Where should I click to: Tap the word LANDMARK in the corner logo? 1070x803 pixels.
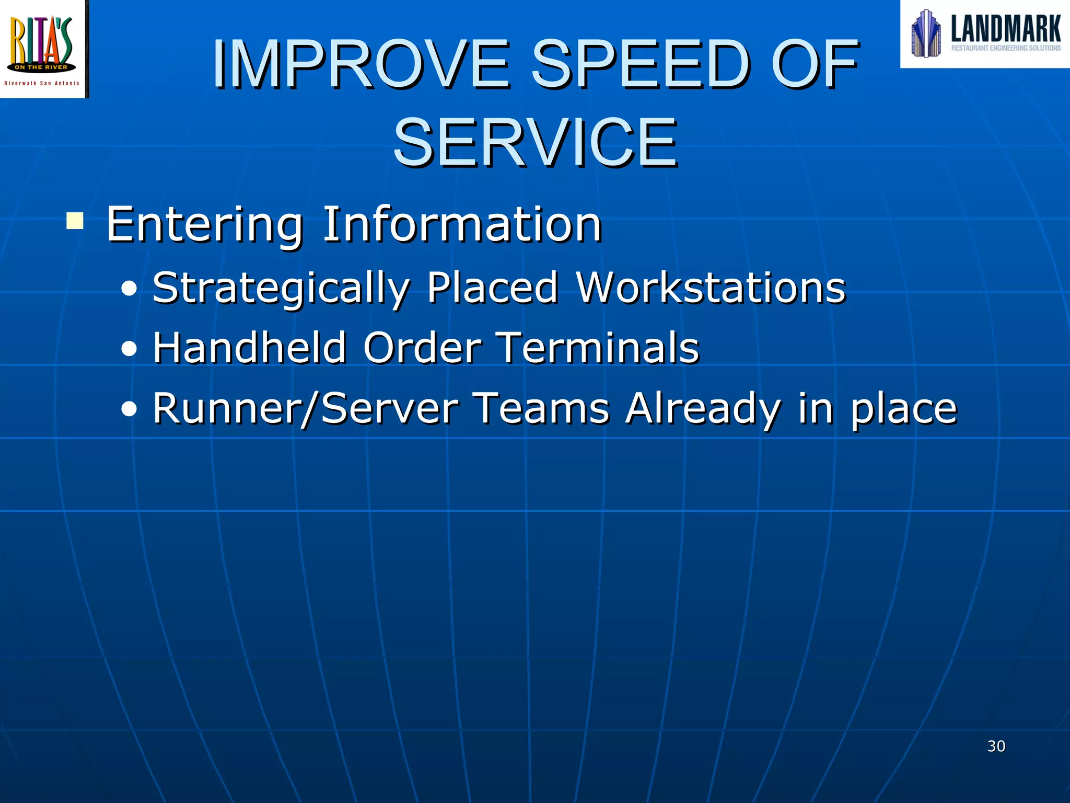pyautogui.click(x=1005, y=29)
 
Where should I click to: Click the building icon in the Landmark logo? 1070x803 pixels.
pyautogui.click(x=926, y=33)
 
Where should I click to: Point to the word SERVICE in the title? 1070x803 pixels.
pyautogui.click(x=535, y=143)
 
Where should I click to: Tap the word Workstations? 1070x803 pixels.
pyautogui.click(x=711, y=288)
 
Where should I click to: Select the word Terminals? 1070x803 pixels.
pyautogui.click(x=599, y=348)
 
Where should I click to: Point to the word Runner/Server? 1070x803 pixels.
pyautogui.click(x=305, y=408)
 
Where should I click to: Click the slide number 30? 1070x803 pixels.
pyautogui.click(x=996, y=746)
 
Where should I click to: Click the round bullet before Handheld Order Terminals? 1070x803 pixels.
pyautogui.click(x=129, y=349)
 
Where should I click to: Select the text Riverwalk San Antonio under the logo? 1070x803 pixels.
pyautogui.click(x=42, y=83)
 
